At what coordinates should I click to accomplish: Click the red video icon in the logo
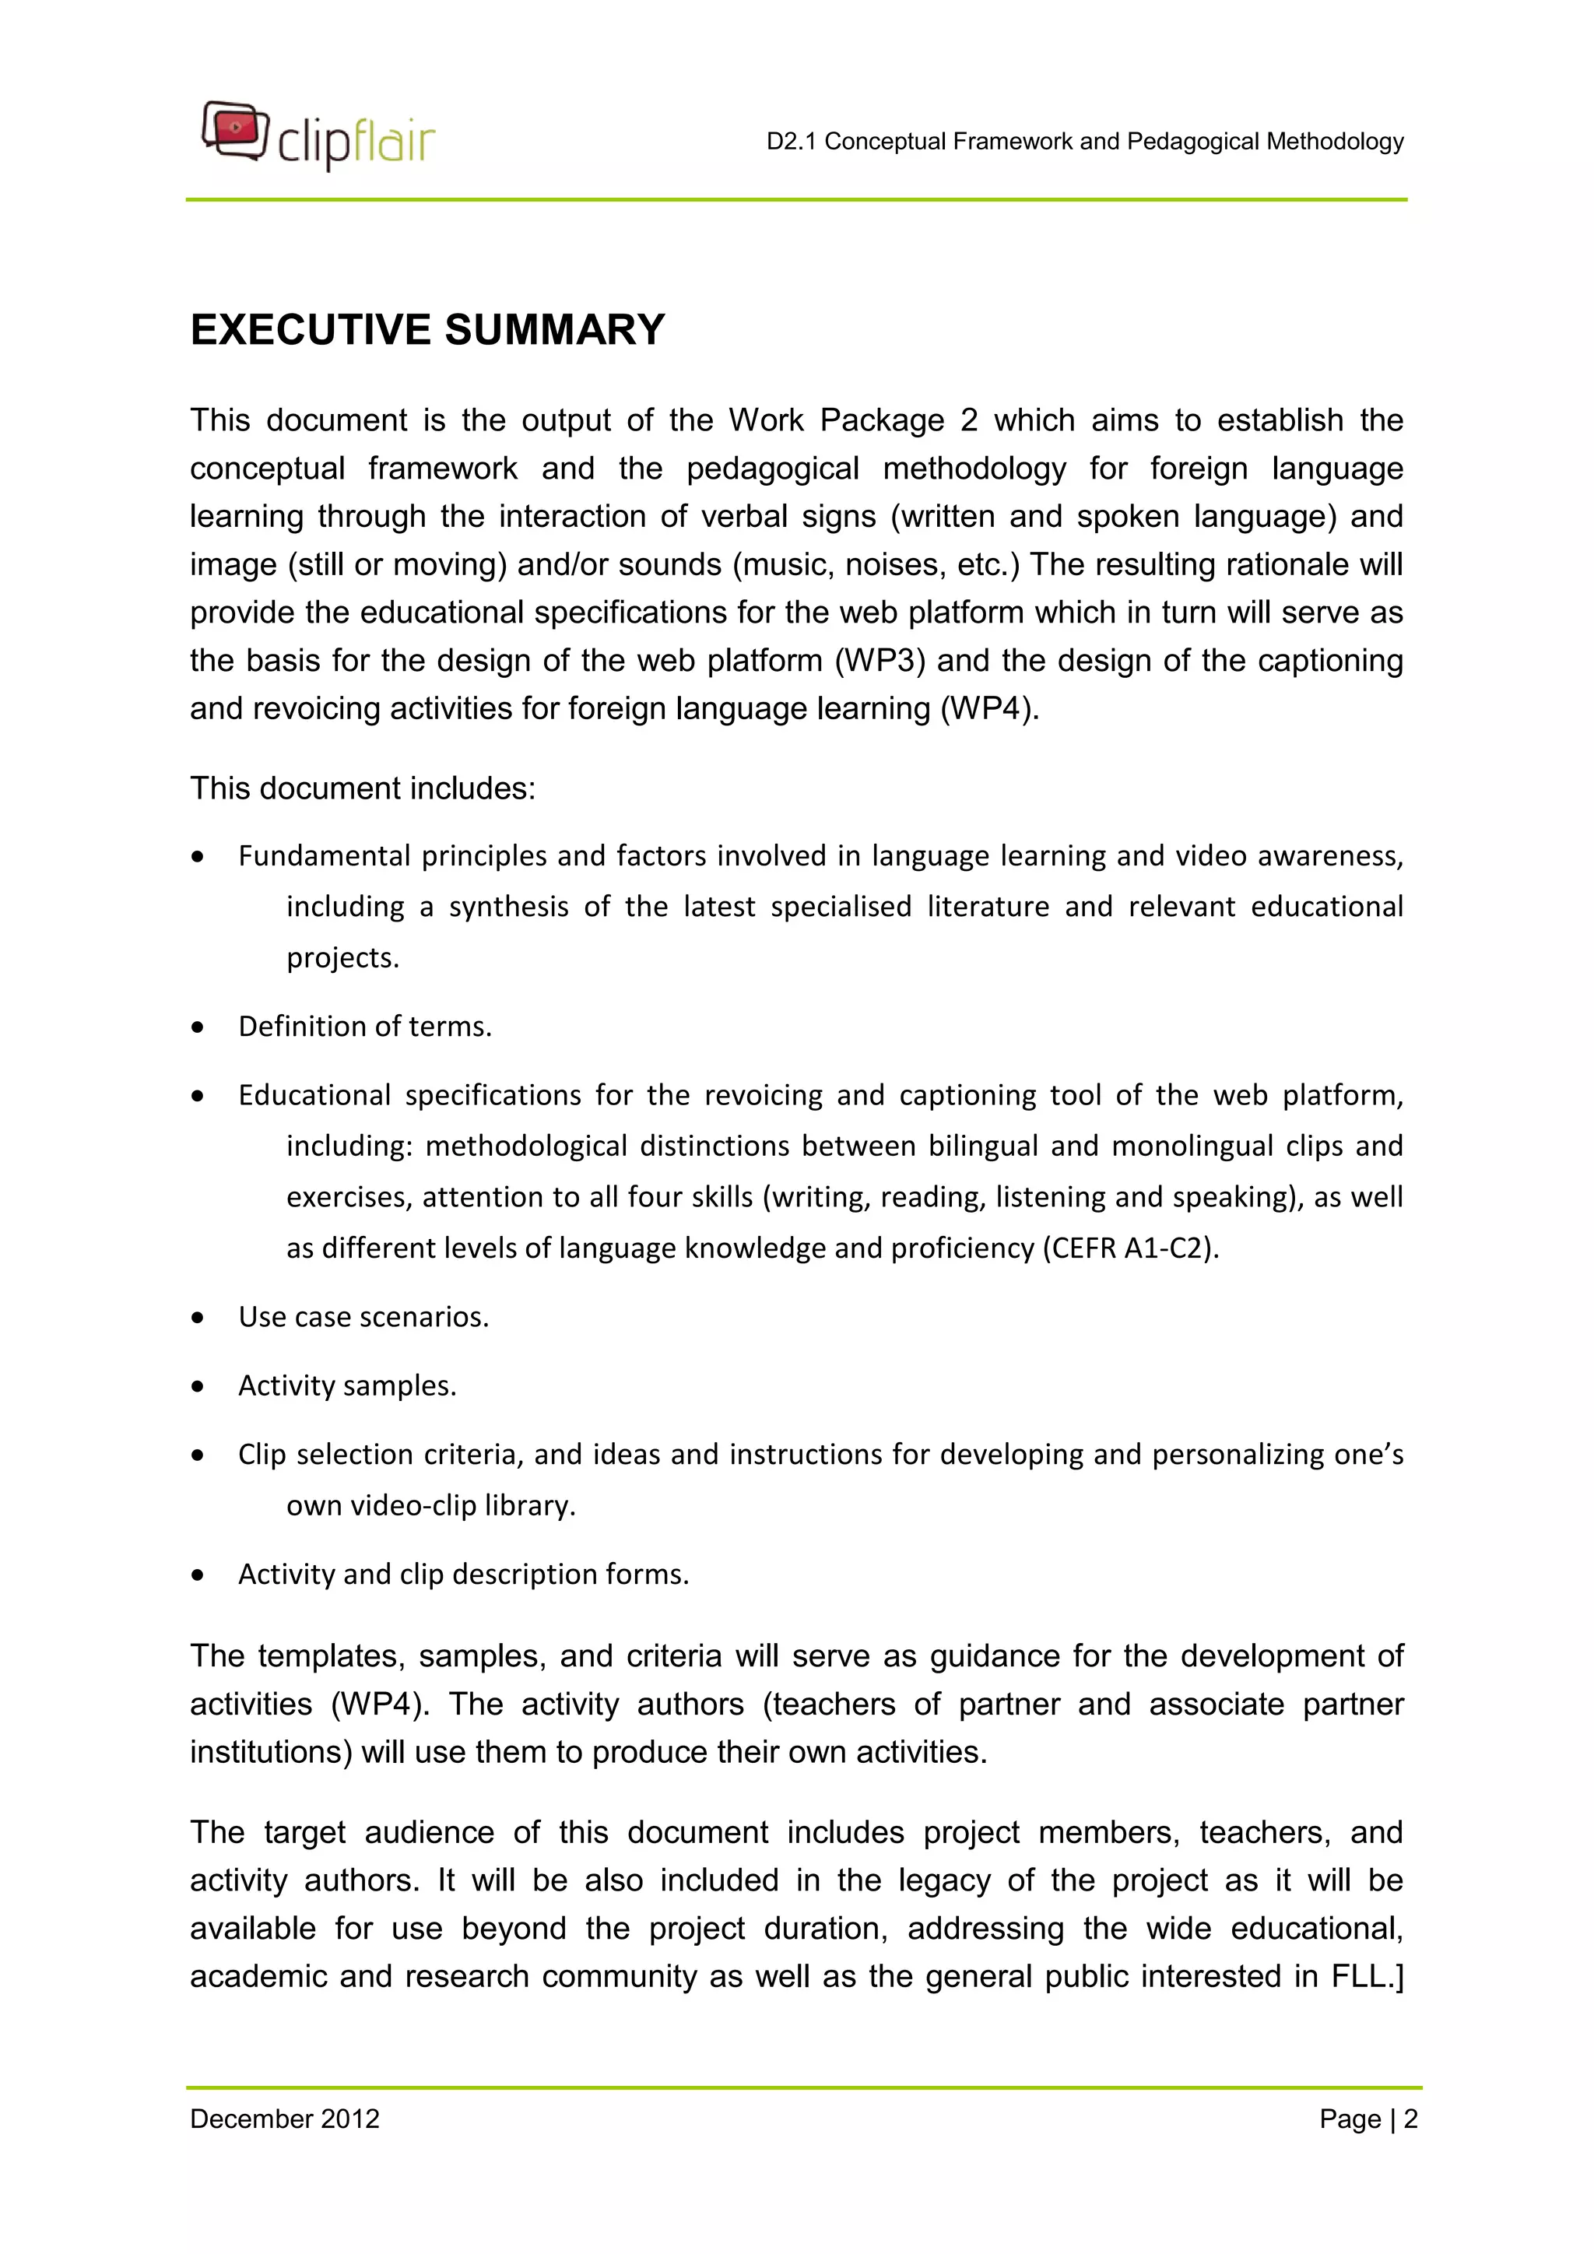[x=236, y=128]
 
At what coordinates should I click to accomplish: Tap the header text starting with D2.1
[x=1084, y=142]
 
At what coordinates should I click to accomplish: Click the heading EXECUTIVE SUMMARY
[x=427, y=330]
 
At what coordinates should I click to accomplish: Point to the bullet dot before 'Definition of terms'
[x=198, y=1027]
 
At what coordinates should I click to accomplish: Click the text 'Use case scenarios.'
[x=363, y=1316]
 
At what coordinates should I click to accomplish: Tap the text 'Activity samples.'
[x=347, y=1385]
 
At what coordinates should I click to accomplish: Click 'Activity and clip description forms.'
[x=463, y=1574]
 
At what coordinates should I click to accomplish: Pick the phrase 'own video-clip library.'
[x=431, y=1505]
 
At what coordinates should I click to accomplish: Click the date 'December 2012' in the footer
[x=285, y=2119]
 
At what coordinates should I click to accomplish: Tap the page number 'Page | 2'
[x=1368, y=2119]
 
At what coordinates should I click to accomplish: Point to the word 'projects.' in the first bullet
[x=342, y=957]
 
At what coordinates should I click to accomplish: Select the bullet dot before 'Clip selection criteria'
[x=198, y=1455]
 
